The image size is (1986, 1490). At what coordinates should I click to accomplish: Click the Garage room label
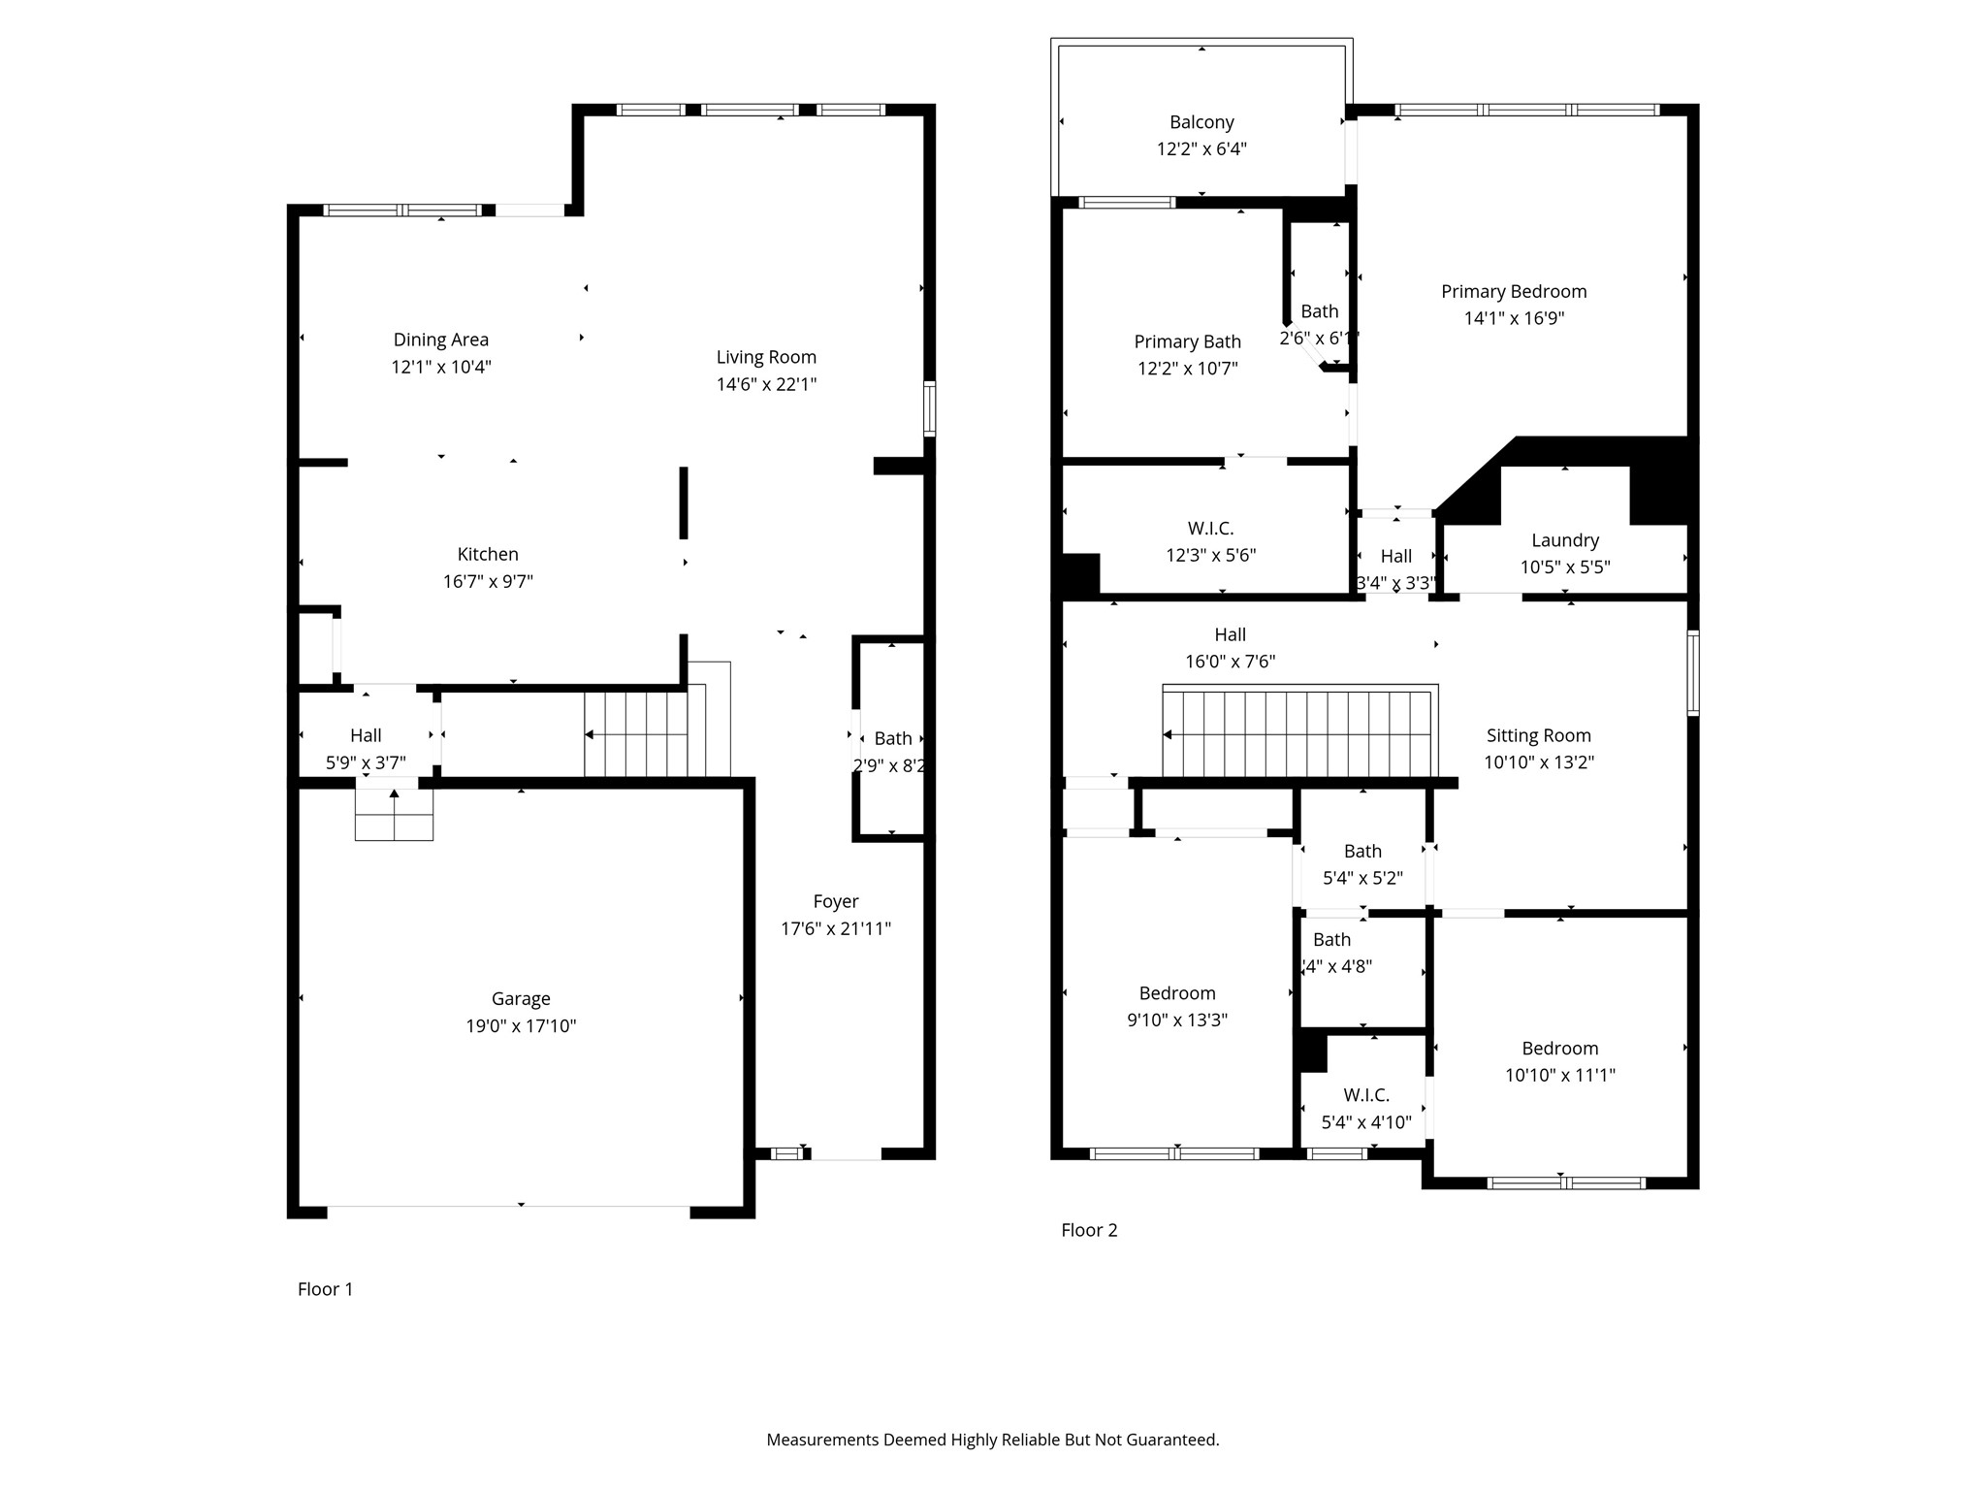tap(521, 999)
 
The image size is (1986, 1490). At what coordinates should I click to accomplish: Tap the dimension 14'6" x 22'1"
tap(766, 384)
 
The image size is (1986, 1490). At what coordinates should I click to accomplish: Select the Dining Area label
tap(440, 340)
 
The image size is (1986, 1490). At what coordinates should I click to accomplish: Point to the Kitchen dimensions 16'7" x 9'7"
tap(488, 581)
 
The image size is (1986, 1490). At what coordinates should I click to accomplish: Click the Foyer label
tap(836, 901)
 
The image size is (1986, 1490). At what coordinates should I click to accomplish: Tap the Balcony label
tap(1201, 122)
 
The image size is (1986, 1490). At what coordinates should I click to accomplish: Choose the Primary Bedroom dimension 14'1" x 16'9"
tap(1514, 318)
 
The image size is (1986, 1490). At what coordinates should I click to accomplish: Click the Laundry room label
tap(1564, 540)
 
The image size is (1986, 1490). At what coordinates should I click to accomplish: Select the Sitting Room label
tap(1538, 735)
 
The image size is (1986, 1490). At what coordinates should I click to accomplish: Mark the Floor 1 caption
tap(325, 1288)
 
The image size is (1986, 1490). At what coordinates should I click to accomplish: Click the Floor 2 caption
tap(1089, 1230)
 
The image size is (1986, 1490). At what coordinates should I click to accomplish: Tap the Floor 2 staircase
tap(1299, 734)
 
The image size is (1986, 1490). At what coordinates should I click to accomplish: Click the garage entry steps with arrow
tap(394, 813)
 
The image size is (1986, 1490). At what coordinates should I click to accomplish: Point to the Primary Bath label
tap(1187, 341)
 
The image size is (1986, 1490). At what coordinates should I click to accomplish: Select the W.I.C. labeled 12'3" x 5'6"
tap(1210, 529)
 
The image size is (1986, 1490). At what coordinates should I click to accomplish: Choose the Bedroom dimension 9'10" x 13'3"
tap(1177, 1020)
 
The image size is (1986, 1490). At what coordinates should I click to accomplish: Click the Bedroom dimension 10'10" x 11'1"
tap(1559, 1075)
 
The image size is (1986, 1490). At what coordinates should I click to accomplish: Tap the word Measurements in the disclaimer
tap(822, 1440)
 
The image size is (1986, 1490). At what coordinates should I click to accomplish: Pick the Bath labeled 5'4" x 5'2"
tap(1362, 852)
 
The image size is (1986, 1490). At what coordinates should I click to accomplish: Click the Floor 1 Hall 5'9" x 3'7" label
tap(366, 735)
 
